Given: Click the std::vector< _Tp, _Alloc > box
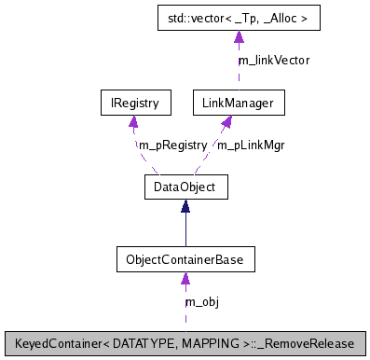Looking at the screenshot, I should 238,18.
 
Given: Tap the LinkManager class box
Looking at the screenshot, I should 238,102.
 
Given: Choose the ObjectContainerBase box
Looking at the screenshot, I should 185,257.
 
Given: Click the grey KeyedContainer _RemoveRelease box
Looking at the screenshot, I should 185,342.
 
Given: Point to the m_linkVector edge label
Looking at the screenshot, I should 273,60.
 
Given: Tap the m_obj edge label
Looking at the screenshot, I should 201,301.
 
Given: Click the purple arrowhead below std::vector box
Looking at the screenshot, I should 238,37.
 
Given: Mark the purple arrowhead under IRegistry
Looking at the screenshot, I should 135,120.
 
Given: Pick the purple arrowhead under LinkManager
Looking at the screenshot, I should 226,120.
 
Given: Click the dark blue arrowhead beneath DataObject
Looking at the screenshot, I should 185,206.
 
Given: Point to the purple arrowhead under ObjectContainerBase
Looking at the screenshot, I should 185,277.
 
